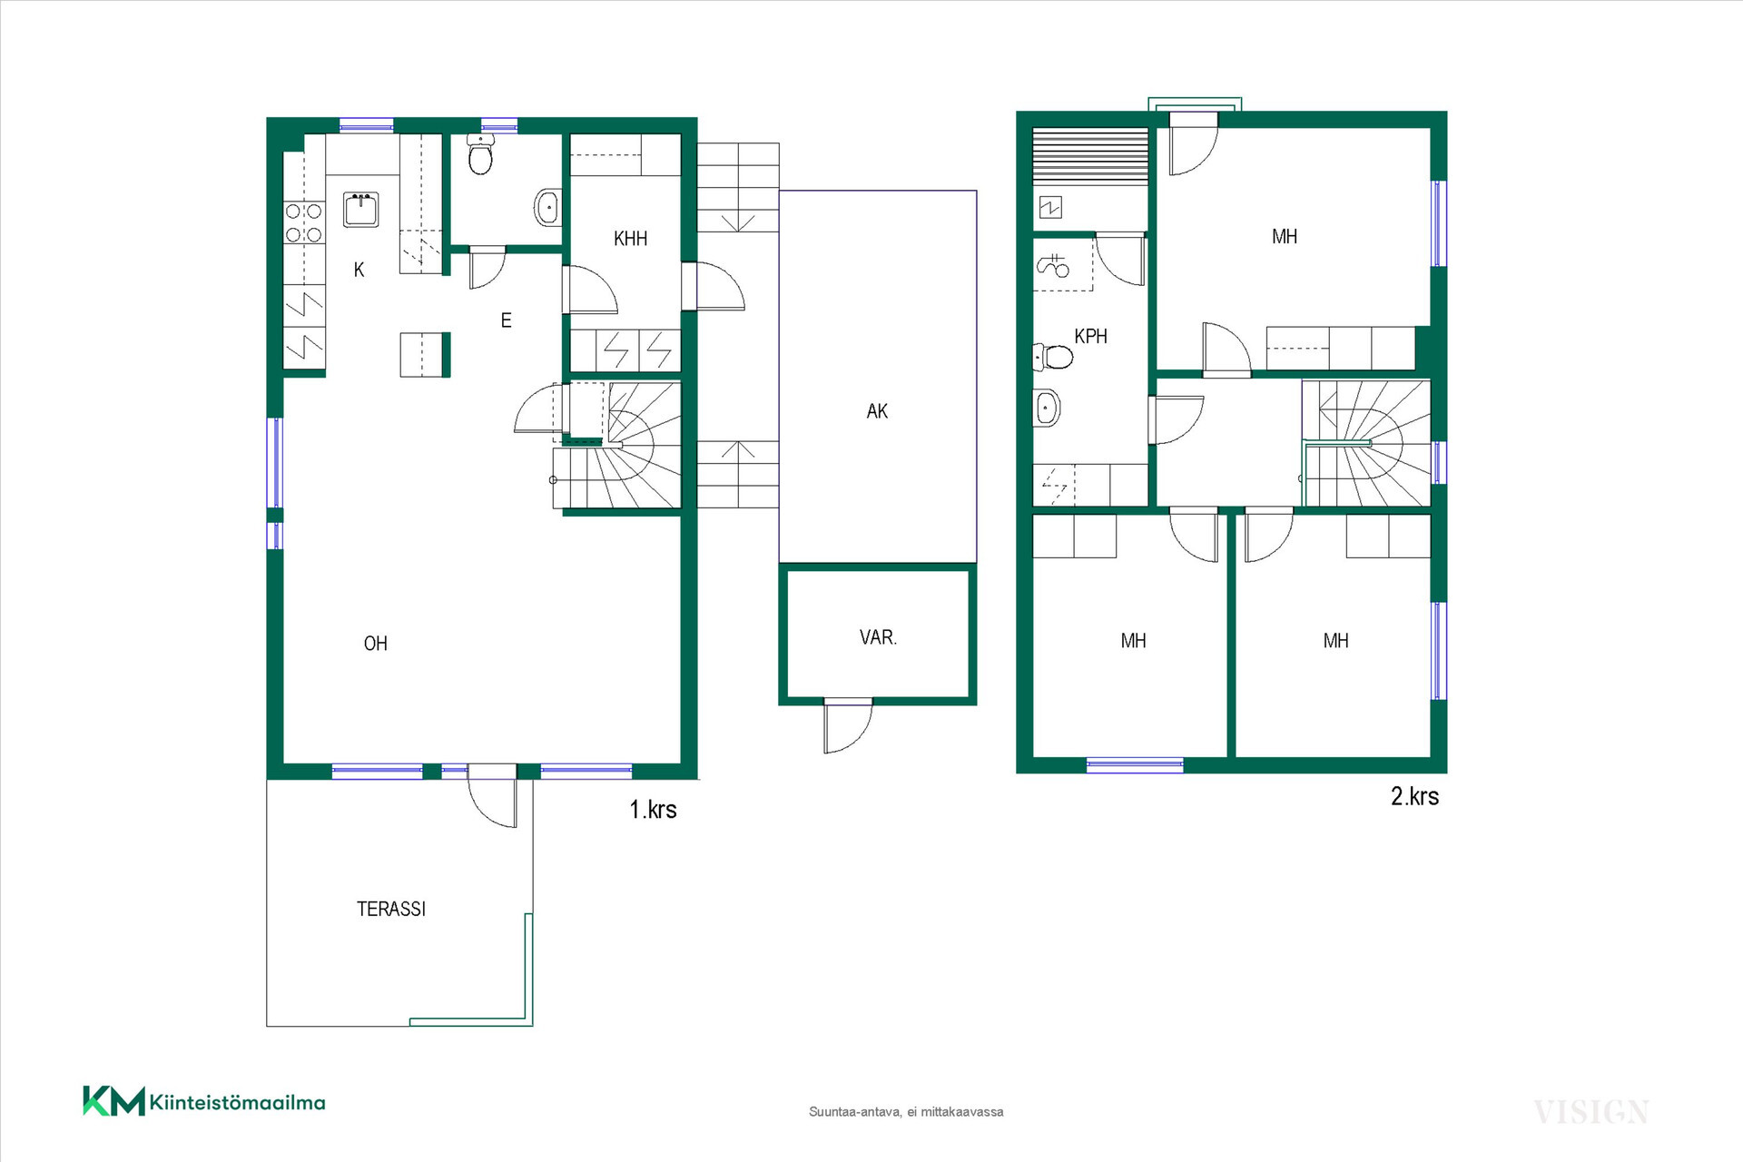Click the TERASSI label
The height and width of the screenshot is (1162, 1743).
(x=391, y=909)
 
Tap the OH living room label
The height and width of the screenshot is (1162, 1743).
(x=376, y=644)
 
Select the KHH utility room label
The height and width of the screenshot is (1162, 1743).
(x=631, y=239)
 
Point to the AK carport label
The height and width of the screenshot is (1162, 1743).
(x=877, y=411)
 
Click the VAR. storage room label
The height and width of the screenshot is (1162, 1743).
(x=878, y=637)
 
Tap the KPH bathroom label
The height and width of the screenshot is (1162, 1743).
(x=1090, y=336)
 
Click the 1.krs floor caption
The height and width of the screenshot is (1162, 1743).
(x=654, y=810)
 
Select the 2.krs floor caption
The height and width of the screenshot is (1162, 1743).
(x=1415, y=796)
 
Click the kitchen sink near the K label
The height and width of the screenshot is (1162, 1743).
(x=360, y=210)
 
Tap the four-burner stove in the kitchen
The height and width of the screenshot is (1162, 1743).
(x=304, y=222)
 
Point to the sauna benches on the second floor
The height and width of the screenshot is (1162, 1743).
(x=1090, y=157)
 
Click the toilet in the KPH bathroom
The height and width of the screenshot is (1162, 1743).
(x=1054, y=356)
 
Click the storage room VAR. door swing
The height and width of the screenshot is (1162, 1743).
(x=849, y=727)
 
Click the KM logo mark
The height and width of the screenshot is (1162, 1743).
(x=113, y=1100)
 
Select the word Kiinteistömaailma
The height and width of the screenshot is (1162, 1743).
(x=237, y=1103)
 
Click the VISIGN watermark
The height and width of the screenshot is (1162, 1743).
(x=1590, y=1112)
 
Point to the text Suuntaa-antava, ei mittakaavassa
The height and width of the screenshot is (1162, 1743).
(x=906, y=1112)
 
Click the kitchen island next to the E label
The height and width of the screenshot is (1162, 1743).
(x=425, y=354)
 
